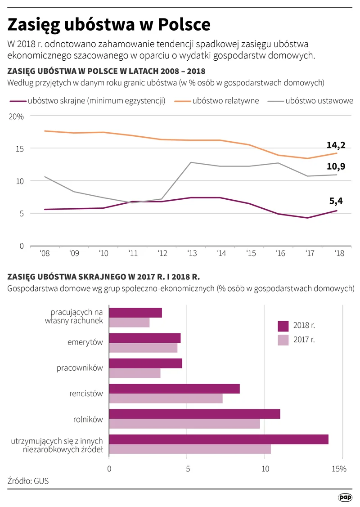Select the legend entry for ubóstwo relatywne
click(225, 101)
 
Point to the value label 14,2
click(336, 145)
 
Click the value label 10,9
click(336, 166)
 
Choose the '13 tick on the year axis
click(192, 253)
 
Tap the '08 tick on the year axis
click(44, 253)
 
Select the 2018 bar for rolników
click(194, 414)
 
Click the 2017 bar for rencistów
click(166, 399)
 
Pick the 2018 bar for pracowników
click(145, 363)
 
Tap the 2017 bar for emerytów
click(143, 348)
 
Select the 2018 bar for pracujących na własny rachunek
click(135, 313)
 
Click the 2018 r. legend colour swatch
click(283, 325)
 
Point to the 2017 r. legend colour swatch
click(283, 340)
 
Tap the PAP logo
click(345, 497)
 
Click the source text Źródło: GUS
click(28, 481)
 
